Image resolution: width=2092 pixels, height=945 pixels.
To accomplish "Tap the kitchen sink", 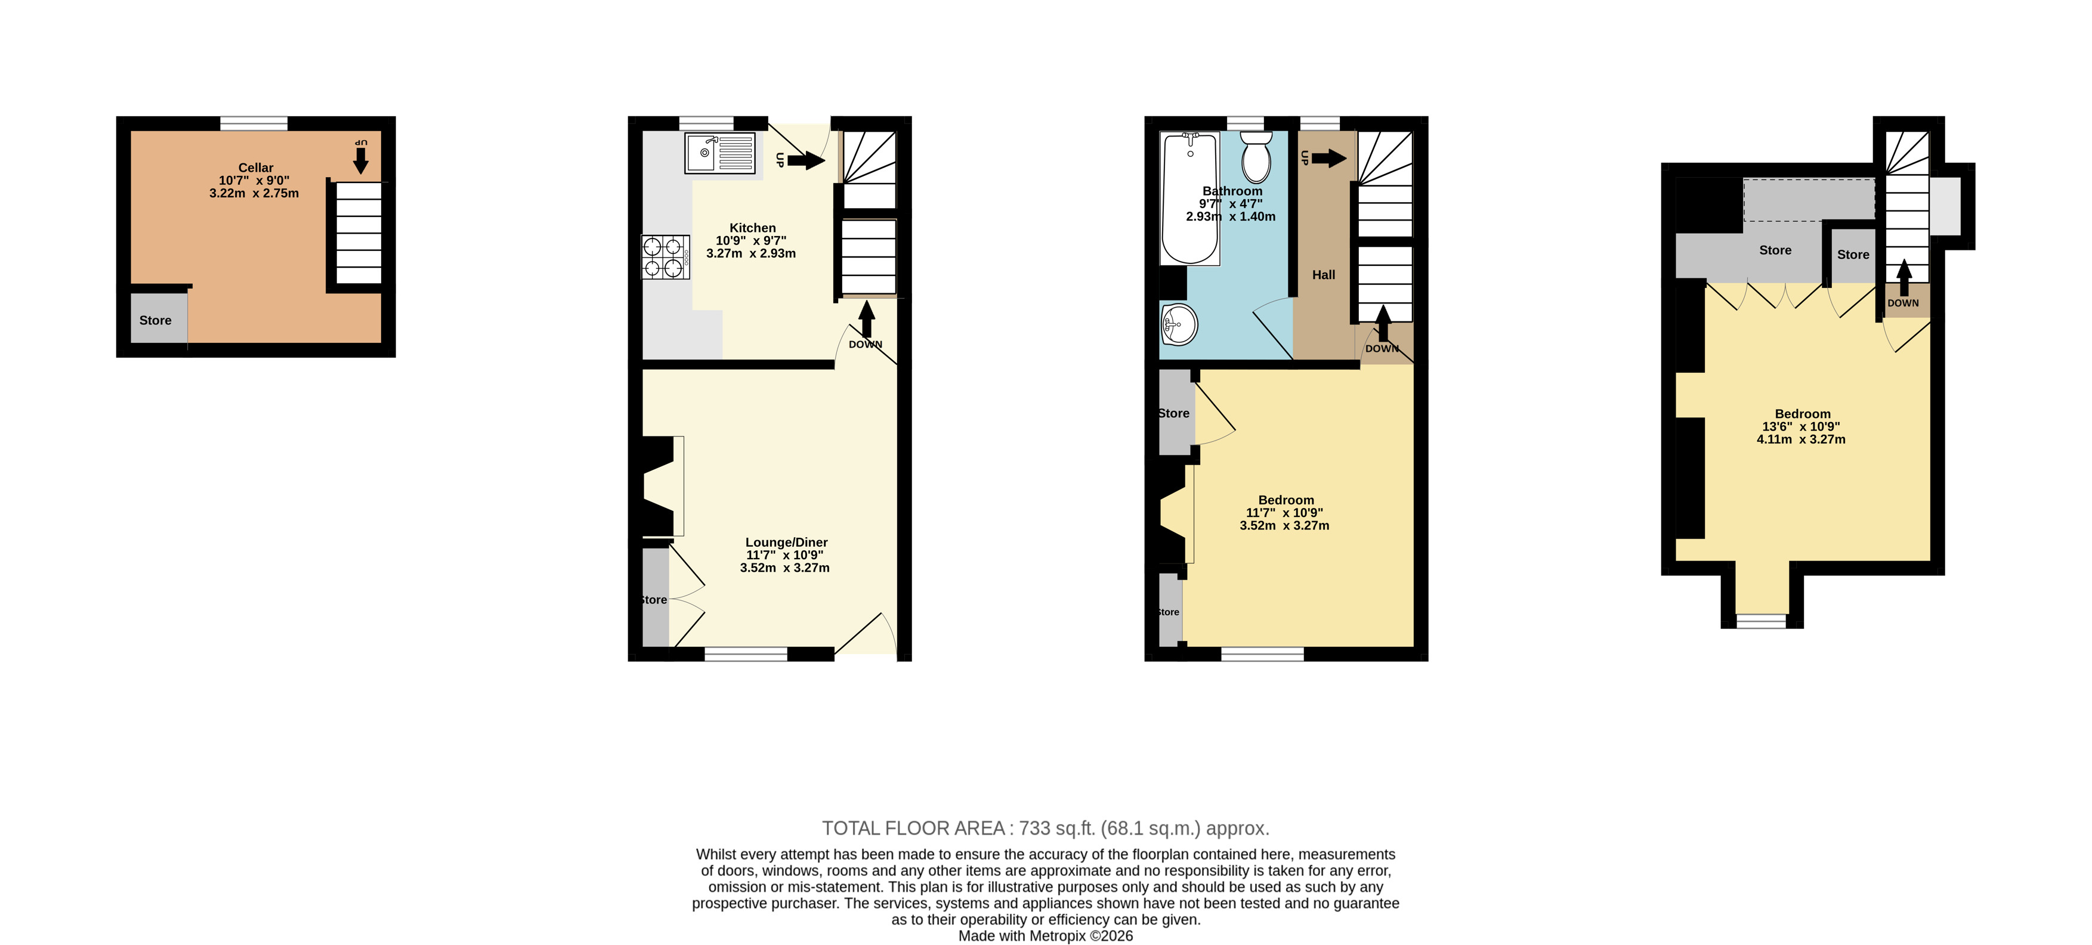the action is coord(719,153).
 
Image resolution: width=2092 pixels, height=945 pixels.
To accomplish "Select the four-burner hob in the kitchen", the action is coord(666,258).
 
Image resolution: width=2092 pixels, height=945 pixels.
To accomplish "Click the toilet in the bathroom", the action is coord(1256,157).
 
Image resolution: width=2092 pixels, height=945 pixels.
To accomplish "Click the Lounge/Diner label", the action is coord(786,543).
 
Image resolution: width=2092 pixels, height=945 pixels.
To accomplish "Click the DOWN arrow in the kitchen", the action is coord(867,318).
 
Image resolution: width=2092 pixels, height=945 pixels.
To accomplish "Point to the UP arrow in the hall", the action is coord(1328,159).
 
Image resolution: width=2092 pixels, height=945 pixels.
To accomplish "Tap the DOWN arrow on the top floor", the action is coord(1903,278).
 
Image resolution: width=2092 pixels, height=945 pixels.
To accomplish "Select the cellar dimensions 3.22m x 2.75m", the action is coord(254,193).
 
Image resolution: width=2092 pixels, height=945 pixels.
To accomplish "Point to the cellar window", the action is coord(254,123).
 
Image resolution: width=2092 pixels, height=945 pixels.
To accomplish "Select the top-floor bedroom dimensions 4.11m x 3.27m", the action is coord(1801,439).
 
